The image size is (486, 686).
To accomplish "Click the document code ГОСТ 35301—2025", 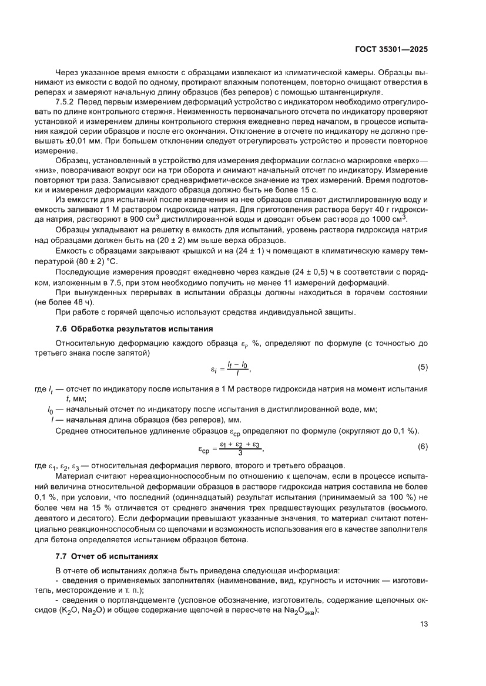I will (393, 49).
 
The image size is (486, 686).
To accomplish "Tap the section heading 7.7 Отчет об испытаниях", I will (104, 555).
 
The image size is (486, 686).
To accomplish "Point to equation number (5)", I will (423, 367).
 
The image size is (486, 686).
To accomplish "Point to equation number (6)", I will (423, 447).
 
